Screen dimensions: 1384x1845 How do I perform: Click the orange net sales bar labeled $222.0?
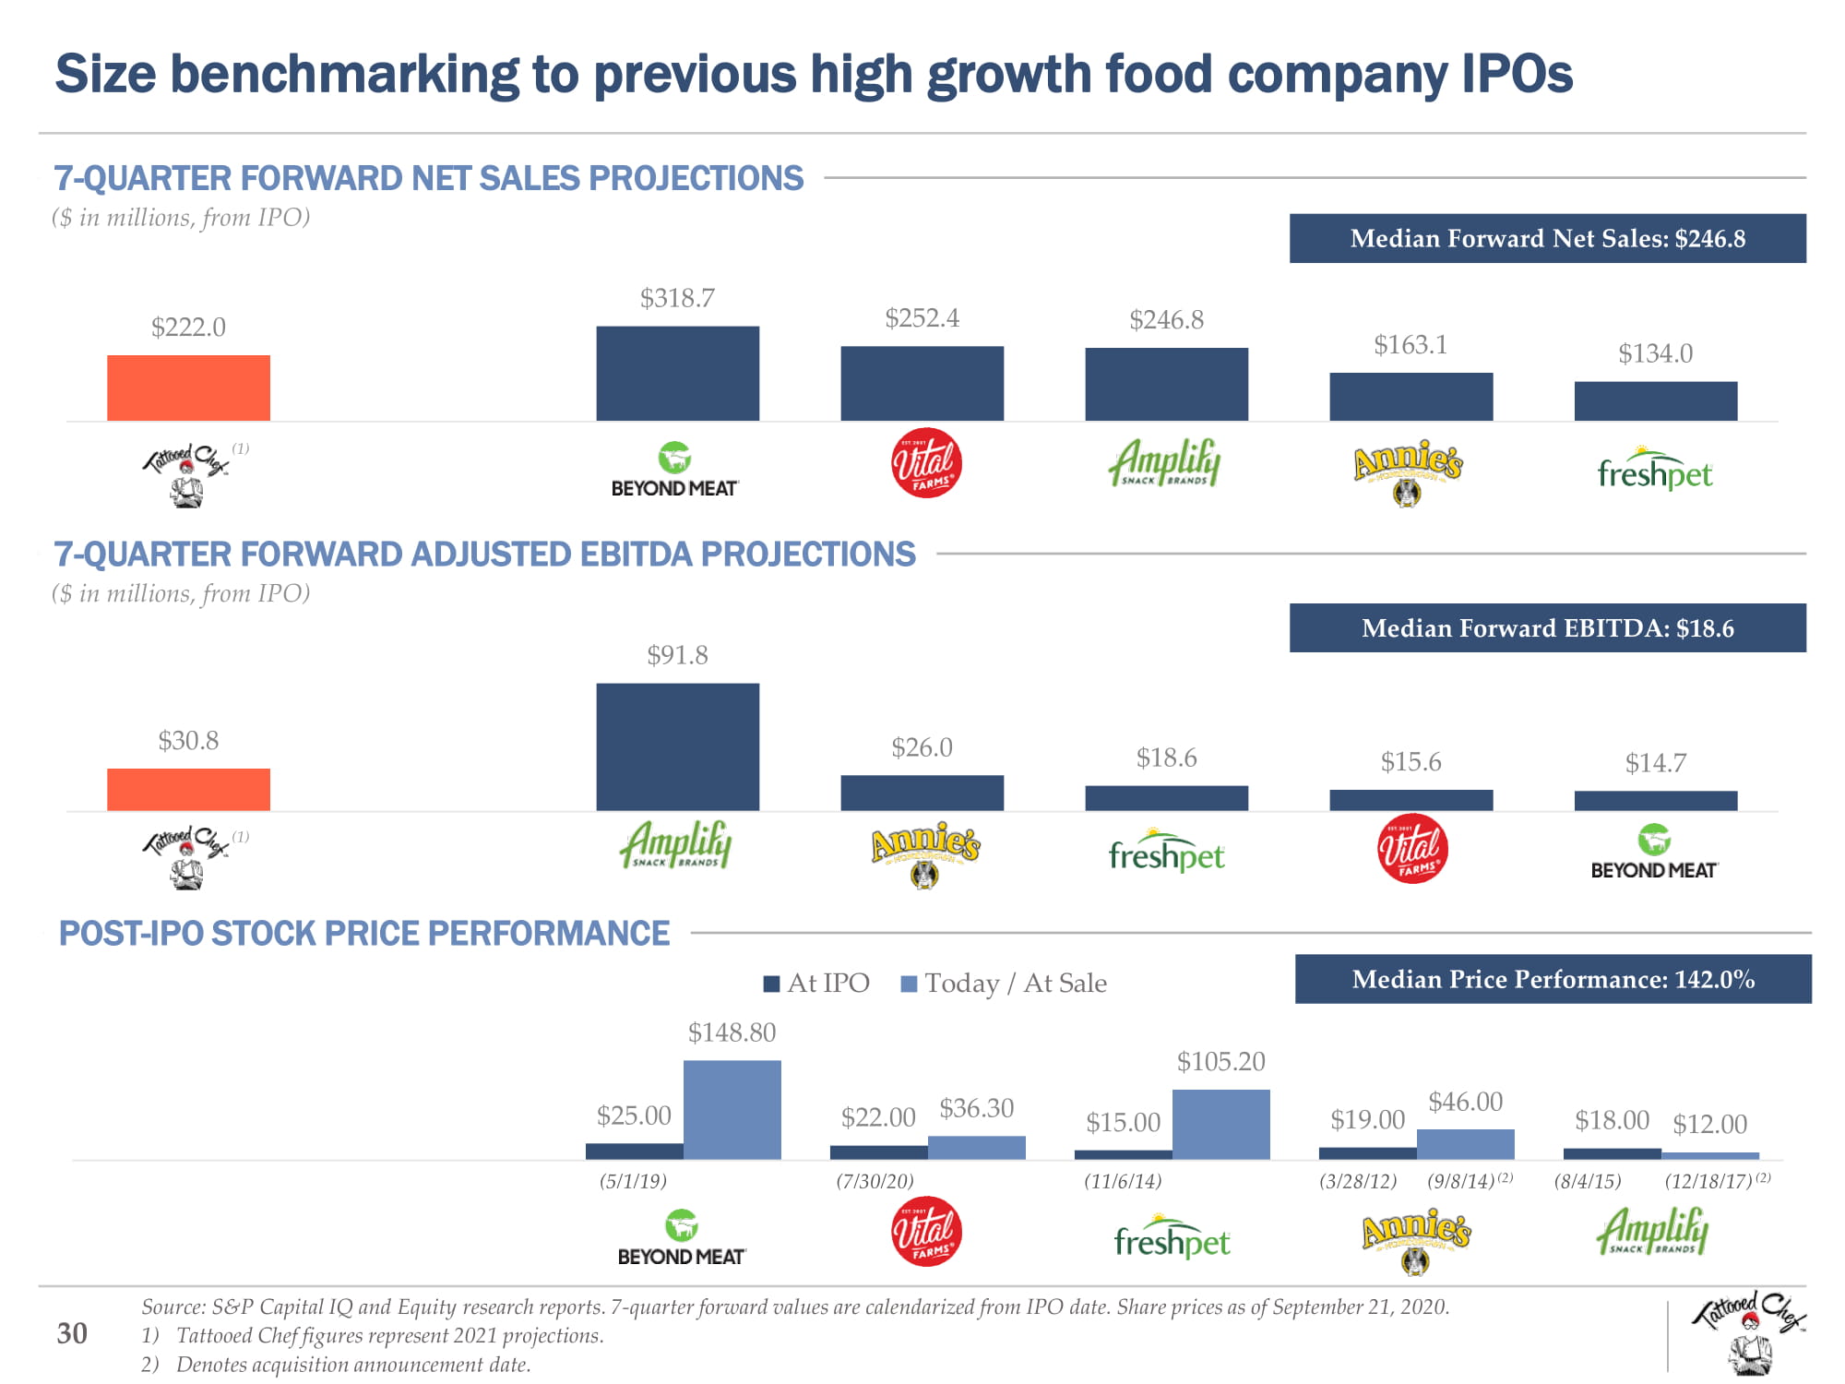[188, 388]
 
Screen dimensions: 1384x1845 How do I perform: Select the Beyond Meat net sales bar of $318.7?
[677, 374]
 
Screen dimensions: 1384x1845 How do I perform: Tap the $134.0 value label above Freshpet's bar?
[1655, 353]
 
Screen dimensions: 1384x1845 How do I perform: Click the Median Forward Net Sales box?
[1547, 238]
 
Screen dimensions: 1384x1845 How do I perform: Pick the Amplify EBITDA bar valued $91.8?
[677, 746]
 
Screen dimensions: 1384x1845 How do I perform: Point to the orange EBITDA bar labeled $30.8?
[188, 790]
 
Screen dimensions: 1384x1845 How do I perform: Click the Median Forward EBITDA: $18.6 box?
[1547, 628]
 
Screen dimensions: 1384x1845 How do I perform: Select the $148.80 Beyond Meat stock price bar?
[732, 1109]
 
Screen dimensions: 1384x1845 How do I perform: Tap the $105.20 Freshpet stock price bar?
[1220, 1124]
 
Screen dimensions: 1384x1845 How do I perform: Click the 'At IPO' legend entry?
[818, 984]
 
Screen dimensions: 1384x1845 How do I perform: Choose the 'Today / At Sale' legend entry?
[1005, 984]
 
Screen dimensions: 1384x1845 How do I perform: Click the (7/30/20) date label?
[875, 1181]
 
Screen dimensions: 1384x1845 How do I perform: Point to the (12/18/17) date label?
[1708, 1181]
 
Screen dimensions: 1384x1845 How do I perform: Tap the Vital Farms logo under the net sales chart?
[926, 463]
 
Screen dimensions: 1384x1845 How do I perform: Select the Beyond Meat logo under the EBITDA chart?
[1653, 853]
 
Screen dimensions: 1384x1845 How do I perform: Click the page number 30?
[72, 1333]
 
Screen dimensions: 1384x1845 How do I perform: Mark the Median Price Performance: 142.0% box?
[1553, 979]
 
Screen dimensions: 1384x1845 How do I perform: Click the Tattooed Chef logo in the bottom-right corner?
[1747, 1331]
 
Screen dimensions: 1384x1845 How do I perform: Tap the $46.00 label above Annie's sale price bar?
[1465, 1102]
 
